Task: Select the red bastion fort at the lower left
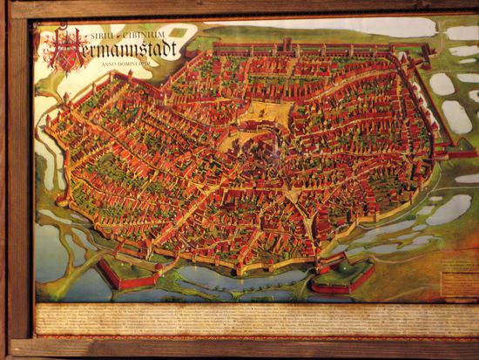point(128,275)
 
